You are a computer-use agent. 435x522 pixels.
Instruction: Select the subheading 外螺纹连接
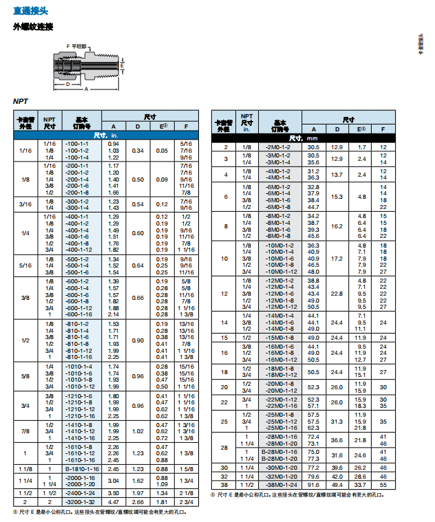pyautogui.click(x=32, y=27)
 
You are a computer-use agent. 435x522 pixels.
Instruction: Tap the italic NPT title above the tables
pyautogui.click(x=21, y=101)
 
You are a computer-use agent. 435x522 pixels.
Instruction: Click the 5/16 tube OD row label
pyautogui.click(x=25, y=265)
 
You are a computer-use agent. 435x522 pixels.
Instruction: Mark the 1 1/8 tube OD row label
pyautogui.click(x=25, y=468)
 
